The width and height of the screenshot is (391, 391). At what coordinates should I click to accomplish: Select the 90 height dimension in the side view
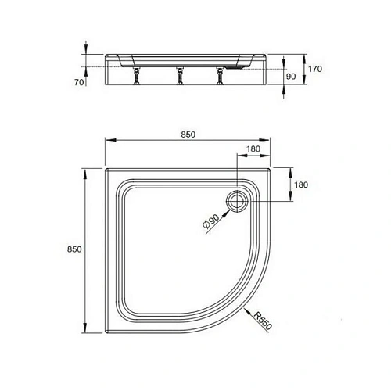pos(291,77)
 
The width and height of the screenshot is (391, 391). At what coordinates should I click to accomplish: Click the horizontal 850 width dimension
pos(188,134)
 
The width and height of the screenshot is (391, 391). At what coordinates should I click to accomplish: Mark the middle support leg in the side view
pos(179,77)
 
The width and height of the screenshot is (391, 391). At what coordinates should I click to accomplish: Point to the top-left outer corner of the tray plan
pos(106,167)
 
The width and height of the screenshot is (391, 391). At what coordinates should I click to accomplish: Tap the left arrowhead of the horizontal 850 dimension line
pos(108,141)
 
